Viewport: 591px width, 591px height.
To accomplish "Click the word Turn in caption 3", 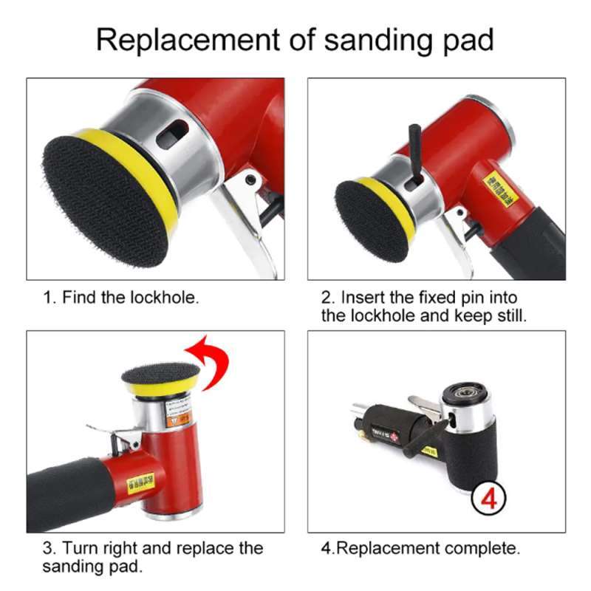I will (x=79, y=548).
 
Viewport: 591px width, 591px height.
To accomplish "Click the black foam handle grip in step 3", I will (x=66, y=495).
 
